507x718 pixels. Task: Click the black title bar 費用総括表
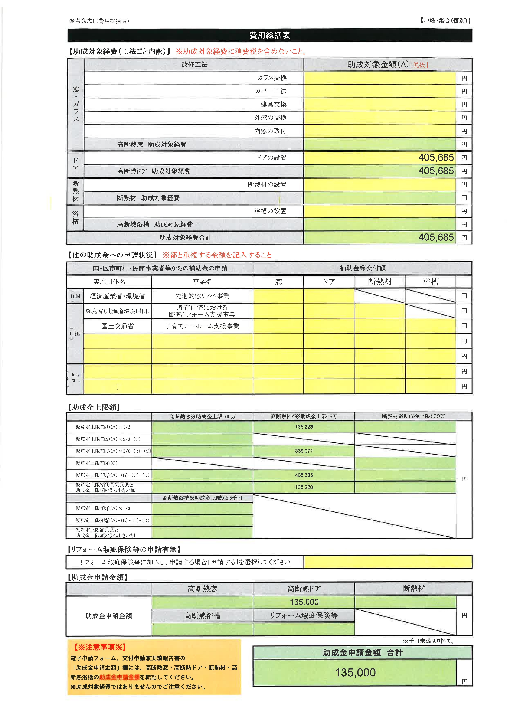(269, 35)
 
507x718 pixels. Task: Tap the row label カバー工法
(271, 91)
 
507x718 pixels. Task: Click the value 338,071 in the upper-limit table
(304, 451)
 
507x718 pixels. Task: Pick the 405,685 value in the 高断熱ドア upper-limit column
(304, 475)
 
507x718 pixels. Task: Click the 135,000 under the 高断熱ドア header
(304, 602)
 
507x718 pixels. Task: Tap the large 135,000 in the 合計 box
(355, 672)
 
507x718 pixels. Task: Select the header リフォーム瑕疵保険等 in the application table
(304, 615)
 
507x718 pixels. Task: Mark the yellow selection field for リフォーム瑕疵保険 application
(388, 562)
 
